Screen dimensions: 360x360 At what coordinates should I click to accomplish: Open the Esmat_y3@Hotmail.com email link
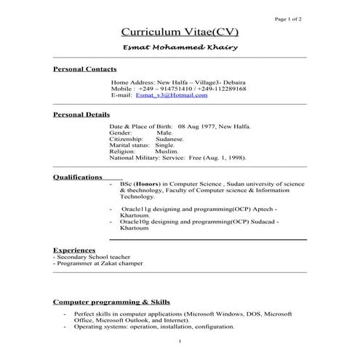172,95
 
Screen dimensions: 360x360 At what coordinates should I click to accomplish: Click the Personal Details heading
82,114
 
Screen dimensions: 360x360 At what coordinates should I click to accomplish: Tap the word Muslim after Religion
166,151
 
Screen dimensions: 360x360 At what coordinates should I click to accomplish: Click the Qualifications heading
78,177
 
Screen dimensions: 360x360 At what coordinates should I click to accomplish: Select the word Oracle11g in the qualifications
135,209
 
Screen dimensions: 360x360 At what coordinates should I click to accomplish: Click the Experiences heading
74,249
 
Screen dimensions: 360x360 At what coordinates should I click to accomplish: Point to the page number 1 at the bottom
179,340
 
